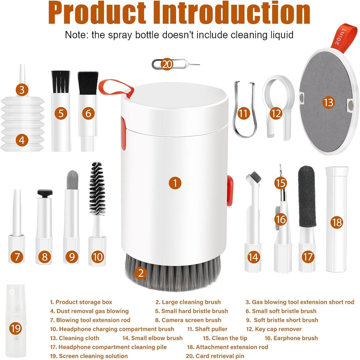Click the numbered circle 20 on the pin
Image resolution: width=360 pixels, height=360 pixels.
point(168,64)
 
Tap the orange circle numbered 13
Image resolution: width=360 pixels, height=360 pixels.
point(328,103)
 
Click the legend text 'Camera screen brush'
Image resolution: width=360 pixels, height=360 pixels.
point(188,320)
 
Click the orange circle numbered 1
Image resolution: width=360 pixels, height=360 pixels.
point(175,183)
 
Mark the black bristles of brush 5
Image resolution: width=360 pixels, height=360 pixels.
point(60,82)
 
